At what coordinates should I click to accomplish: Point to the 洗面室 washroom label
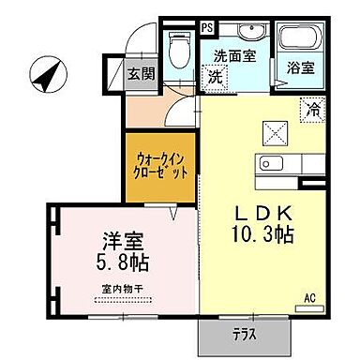[234, 55]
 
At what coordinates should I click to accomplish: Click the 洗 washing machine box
[217, 76]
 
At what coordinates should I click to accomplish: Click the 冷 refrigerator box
[310, 108]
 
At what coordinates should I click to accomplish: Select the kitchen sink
[272, 165]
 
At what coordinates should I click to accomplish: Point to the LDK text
[262, 211]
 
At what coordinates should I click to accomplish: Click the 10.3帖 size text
[262, 232]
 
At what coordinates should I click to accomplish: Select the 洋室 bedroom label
[122, 237]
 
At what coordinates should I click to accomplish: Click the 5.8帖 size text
[122, 260]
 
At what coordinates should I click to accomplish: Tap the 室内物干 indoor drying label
[122, 288]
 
